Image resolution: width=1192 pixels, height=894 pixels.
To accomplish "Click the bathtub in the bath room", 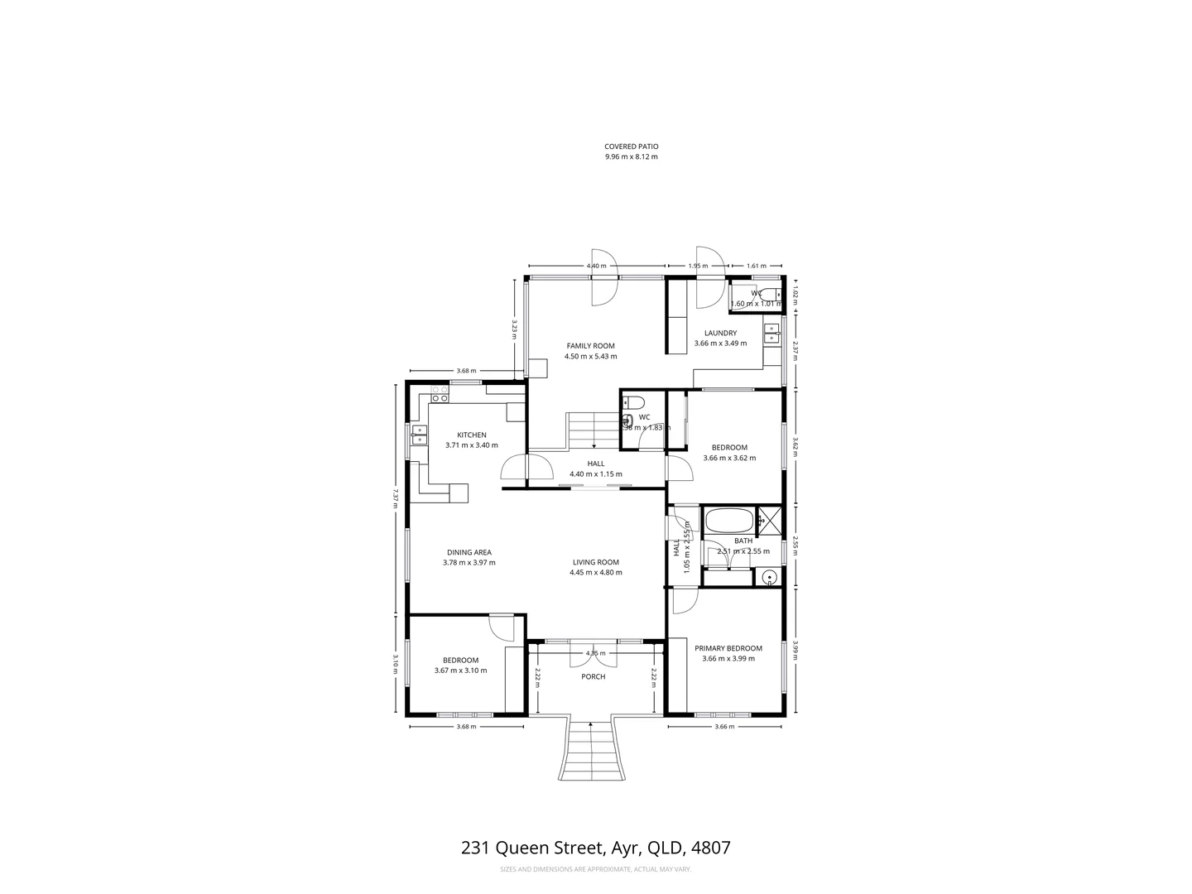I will tap(728, 521).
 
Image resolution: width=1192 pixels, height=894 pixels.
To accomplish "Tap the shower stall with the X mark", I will tap(769, 521).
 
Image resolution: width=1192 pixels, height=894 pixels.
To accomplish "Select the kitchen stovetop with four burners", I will tap(439, 398).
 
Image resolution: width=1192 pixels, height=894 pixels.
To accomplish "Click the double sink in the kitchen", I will tap(419, 434).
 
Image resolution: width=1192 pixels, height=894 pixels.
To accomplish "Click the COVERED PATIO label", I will tap(631, 147).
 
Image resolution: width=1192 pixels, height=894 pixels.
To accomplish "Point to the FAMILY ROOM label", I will tap(590, 346).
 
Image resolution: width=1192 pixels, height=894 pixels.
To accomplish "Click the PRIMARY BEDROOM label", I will tap(728, 648).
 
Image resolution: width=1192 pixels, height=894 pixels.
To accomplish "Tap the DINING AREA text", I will tap(469, 552).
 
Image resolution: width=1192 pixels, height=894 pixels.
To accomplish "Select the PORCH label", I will tap(594, 676).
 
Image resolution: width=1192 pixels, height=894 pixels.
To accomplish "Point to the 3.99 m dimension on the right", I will tap(795, 651).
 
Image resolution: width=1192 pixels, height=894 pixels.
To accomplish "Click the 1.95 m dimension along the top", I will tap(698, 266).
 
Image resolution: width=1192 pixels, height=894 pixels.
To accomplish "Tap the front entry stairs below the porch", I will tap(590, 749).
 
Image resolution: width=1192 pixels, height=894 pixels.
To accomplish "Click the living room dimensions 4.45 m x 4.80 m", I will tap(595, 572).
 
